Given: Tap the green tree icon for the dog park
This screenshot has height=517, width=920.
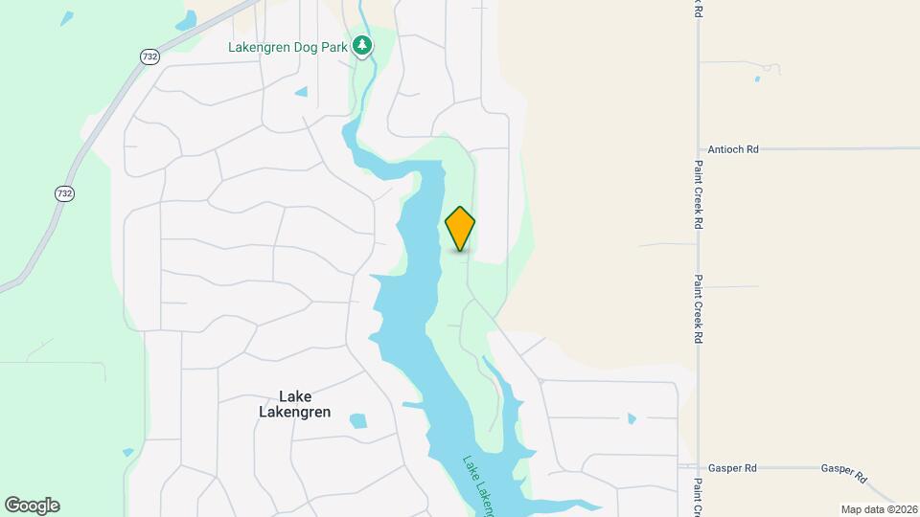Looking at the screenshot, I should [x=361, y=44].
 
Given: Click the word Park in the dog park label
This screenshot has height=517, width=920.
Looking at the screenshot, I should [x=333, y=46].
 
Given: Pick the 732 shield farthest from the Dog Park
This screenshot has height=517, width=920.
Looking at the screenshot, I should [x=64, y=193].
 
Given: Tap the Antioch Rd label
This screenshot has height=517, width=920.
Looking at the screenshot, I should [x=732, y=149].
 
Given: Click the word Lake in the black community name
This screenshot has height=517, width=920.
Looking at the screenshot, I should [x=295, y=396].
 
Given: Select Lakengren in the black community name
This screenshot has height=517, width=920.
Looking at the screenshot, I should [x=295, y=413].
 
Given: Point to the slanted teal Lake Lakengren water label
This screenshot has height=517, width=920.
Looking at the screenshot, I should [x=479, y=484].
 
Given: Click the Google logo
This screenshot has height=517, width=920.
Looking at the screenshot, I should [x=32, y=506].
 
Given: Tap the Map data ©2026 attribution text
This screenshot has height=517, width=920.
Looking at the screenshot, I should [x=879, y=509].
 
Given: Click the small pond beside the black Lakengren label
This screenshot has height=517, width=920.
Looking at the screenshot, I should [x=358, y=420].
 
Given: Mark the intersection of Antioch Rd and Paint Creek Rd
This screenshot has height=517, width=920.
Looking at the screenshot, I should [x=699, y=149].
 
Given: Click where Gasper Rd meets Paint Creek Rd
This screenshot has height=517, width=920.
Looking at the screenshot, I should [x=699, y=468].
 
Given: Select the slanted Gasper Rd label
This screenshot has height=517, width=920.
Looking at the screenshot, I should [x=843, y=472].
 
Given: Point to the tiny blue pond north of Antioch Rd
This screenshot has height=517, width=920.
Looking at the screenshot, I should [x=756, y=79].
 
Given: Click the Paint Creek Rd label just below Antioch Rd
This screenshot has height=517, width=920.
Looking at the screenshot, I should [x=699, y=201].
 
